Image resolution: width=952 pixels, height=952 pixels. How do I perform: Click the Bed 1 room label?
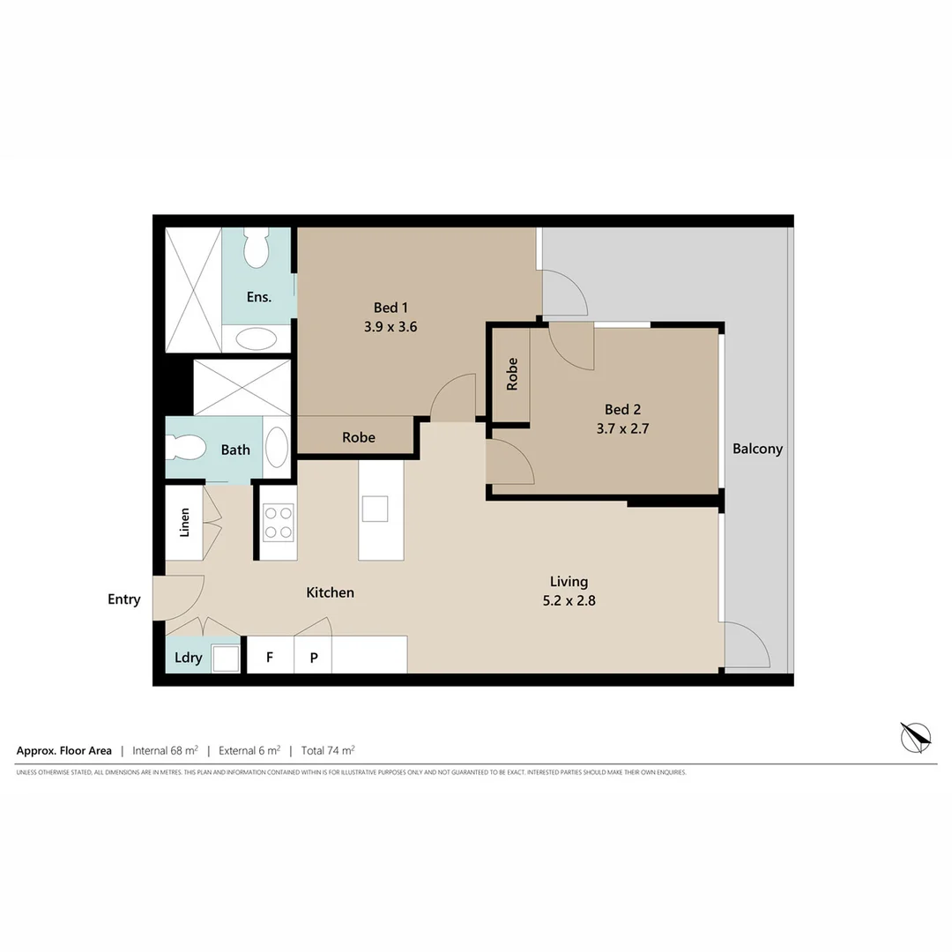click(391, 308)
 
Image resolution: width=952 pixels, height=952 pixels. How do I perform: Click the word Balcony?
click(757, 449)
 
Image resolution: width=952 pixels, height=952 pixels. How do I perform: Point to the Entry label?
click(124, 599)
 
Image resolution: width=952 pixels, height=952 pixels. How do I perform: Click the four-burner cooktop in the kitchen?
click(279, 521)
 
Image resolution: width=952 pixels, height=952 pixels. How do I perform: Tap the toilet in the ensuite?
click(257, 249)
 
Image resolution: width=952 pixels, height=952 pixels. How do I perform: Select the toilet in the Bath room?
click(185, 447)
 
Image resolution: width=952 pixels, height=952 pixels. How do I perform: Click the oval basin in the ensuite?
click(257, 339)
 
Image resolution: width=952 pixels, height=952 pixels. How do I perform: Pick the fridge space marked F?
click(270, 658)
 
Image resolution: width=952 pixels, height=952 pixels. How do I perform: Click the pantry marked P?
click(313, 658)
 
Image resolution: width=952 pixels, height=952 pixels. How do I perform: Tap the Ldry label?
click(189, 658)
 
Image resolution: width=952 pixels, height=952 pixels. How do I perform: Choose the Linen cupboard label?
click(184, 523)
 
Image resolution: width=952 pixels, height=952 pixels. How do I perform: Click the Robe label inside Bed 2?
click(512, 374)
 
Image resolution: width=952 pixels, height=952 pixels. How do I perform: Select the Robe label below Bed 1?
click(359, 437)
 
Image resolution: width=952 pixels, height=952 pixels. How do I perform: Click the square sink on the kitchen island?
click(375, 509)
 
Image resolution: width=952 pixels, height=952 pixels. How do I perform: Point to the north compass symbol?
click(916, 737)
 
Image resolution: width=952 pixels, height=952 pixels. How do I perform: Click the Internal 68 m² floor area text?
click(163, 751)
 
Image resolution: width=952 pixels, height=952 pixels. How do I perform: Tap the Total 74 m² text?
click(328, 751)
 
